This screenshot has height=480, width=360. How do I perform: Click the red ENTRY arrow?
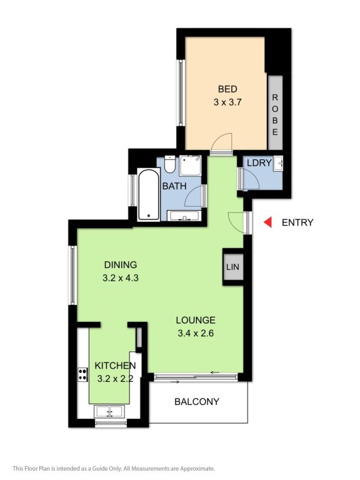(x=268, y=222)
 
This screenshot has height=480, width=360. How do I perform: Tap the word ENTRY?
(x=297, y=222)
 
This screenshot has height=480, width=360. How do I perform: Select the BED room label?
(x=227, y=89)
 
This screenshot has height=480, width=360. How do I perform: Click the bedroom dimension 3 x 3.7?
(x=227, y=102)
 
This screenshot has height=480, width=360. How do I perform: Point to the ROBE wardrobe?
(x=275, y=112)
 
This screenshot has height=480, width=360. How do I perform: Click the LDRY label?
(x=259, y=163)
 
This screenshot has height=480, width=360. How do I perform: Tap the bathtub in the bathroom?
(x=149, y=194)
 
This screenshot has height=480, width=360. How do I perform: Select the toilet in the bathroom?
(x=169, y=164)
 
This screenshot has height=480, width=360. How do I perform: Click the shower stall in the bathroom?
(x=190, y=166)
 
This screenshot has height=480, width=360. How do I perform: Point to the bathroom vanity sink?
(x=184, y=216)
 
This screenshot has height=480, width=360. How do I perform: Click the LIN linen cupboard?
(x=233, y=267)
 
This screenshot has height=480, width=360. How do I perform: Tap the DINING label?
(x=121, y=265)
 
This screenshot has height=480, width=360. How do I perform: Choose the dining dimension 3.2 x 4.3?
(x=121, y=278)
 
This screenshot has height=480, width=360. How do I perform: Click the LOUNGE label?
(x=196, y=320)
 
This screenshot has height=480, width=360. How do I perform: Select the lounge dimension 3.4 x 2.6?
(x=196, y=333)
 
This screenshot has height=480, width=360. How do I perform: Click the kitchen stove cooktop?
(x=82, y=374)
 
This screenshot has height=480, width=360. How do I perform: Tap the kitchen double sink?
(x=109, y=411)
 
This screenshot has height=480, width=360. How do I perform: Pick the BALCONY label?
(x=197, y=402)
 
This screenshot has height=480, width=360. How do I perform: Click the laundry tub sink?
(x=279, y=163)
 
